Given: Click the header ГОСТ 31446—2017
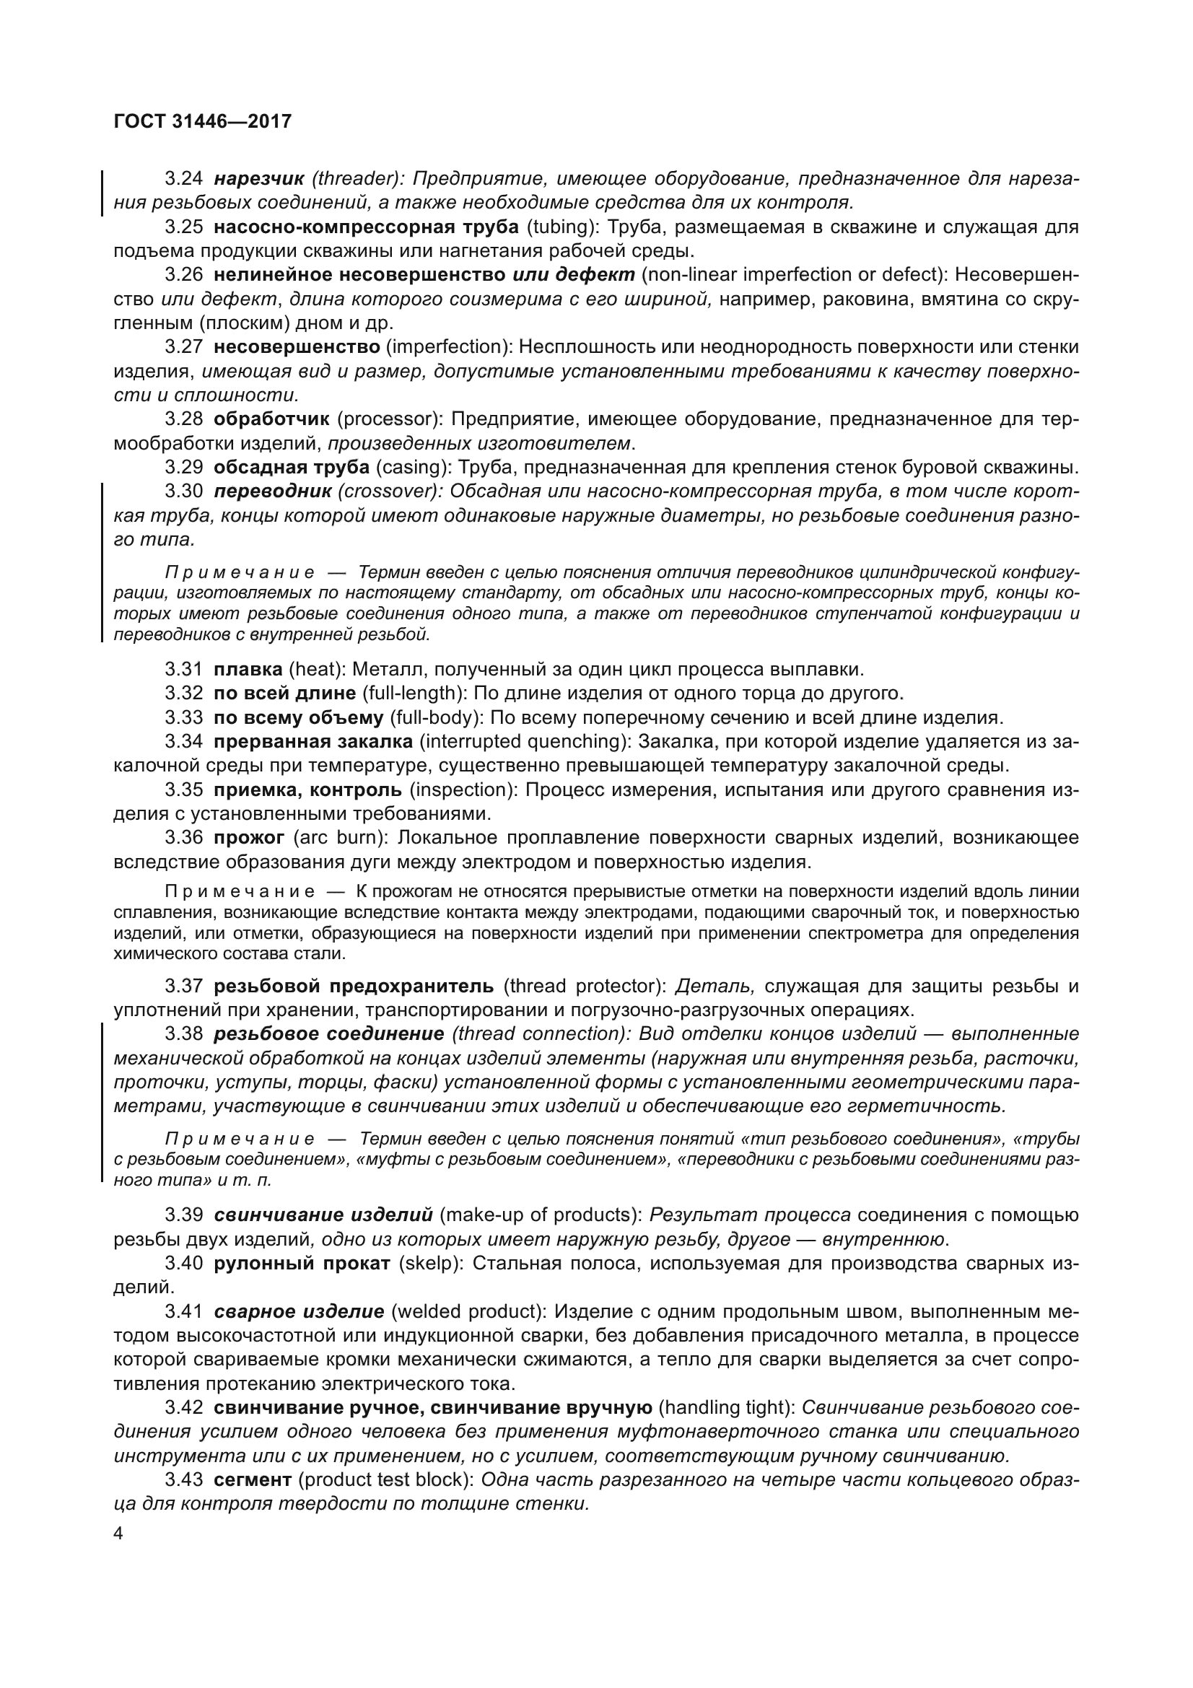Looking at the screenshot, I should (x=203, y=121).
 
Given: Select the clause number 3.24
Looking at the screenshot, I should (x=184, y=179).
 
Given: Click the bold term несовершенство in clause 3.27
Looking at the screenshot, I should (x=296, y=346).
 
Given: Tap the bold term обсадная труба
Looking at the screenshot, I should (x=291, y=467).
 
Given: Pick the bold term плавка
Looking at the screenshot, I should (x=248, y=670).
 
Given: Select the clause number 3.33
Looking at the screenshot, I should (x=184, y=717).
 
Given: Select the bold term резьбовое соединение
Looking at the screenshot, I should (x=328, y=1033).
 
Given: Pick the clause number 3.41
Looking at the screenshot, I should (x=184, y=1311).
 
